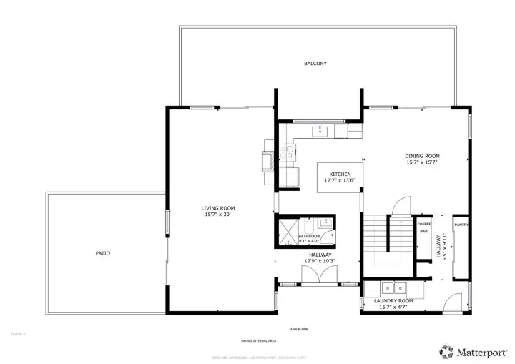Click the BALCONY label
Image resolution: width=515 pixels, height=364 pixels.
tap(315, 64)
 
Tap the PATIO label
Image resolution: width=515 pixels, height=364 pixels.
tap(102, 253)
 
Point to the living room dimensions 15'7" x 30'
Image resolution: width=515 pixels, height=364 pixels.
tap(218, 214)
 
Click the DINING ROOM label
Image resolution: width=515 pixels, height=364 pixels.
tap(422, 156)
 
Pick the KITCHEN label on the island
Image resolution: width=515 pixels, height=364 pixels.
tap(340, 174)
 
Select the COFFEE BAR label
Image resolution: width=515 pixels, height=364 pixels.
tap(423, 227)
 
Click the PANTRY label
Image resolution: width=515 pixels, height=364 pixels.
tap(461, 225)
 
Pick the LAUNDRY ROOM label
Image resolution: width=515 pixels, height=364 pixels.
tap(393, 301)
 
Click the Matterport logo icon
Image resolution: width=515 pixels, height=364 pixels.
tap(447, 351)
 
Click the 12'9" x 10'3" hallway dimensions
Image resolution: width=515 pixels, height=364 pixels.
tap(320, 261)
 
